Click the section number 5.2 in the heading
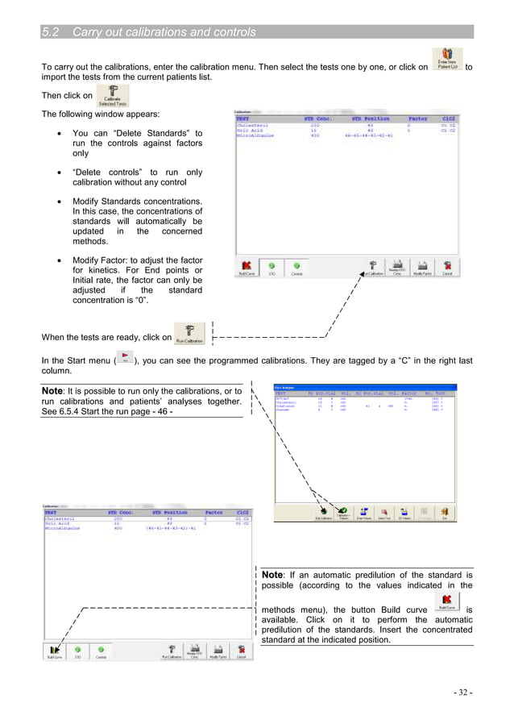(x=52, y=32)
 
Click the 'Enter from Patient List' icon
(x=446, y=60)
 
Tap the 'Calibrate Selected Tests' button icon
(x=112, y=97)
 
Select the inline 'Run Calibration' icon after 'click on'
(x=189, y=334)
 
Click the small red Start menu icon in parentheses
(x=124, y=356)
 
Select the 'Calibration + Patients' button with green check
(x=343, y=512)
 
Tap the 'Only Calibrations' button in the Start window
(x=321, y=512)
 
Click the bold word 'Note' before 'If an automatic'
(x=272, y=574)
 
